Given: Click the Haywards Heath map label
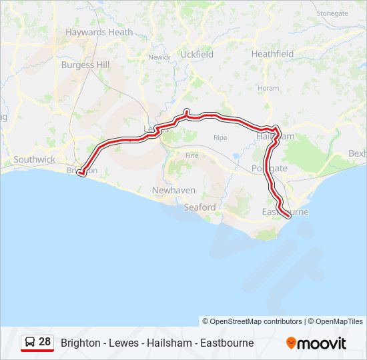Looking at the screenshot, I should (x=99, y=32).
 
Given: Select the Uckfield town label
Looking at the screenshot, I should (x=197, y=55).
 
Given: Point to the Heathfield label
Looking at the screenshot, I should (x=272, y=53).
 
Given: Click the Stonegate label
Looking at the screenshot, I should (x=332, y=13).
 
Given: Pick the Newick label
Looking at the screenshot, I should (x=159, y=57).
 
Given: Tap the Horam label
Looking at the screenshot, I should (x=268, y=88).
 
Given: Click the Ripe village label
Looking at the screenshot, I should (x=220, y=137).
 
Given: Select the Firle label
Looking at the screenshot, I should (x=192, y=155).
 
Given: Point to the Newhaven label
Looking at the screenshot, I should (x=173, y=190).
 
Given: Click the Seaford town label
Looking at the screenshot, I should (x=200, y=207).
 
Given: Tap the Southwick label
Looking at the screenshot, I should (x=35, y=160).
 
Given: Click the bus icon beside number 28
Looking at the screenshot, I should (x=30, y=342).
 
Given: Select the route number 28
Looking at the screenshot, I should (x=45, y=342).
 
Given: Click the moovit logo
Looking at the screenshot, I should (x=316, y=343).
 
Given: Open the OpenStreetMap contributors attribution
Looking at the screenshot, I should (x=252, y=321).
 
